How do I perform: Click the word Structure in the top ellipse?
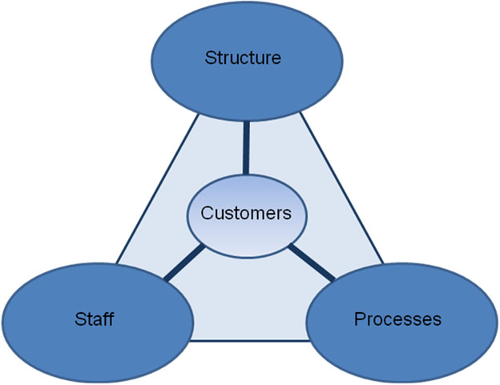(243, 58)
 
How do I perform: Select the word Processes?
(397, 319)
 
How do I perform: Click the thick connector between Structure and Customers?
(245, 148)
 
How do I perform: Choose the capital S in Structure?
(211, 58)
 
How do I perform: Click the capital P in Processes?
(359, 319)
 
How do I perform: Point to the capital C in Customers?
(206, 214)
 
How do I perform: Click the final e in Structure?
(276, 58)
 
